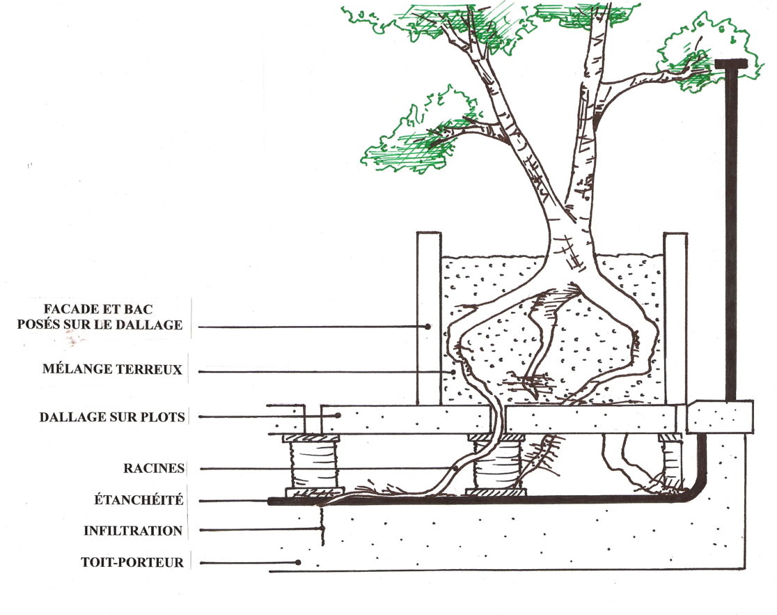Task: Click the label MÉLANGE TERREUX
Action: coord(111,370)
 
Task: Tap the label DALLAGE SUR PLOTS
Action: coord(111,417)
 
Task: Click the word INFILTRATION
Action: coord(133,531)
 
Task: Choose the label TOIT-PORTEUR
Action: coord(132,562)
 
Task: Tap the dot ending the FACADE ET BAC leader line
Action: coord(429,326)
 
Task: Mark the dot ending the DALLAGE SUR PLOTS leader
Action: coord(337,416)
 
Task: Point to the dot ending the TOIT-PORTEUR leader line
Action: coord(298,562)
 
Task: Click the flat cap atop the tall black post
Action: coord(731,64)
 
